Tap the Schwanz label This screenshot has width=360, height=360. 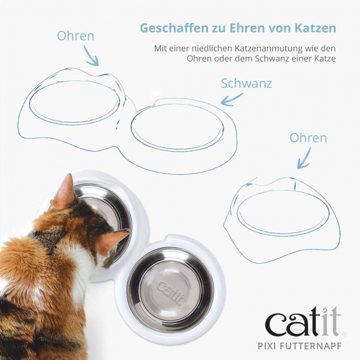point(246,83)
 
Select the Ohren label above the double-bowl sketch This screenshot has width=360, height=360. point(75,36)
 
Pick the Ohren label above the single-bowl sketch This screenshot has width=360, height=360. point(308,138)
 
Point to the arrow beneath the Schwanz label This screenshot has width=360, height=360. point(232,99)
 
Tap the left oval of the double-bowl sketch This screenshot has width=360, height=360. point(74,103)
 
